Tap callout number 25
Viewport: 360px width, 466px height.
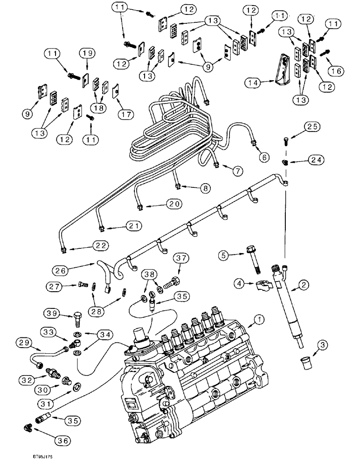pos(312,126)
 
